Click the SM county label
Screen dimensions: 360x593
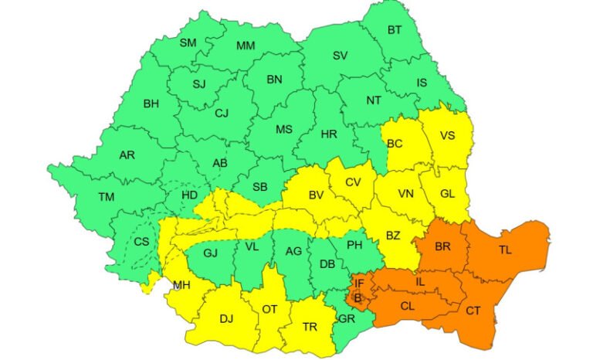(x=188, y=43)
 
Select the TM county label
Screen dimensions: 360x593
(x=106, y=197)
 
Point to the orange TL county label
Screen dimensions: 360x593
(x=505, y=250)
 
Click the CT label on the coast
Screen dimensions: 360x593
(x=473, y=311)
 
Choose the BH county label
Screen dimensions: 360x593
(x=151, y=103)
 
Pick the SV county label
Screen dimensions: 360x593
(x=340, y=56)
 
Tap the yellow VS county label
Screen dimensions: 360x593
(x=447, y=136)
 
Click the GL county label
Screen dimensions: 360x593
(x=447, y=194)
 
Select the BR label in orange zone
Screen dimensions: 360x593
(x=443, y=247)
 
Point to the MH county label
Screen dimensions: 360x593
(x=181, y=286)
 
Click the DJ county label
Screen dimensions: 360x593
(x=226, y=318)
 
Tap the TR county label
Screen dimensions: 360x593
(x=310, y=327)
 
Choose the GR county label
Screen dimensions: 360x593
(x=347, y=318)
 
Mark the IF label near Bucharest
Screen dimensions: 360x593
(x=359, y=283)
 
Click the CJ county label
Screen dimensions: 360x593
(x=222, y=114)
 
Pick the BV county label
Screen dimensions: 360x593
(x=316, y=195)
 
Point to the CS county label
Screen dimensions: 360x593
(x=141, y=241)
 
